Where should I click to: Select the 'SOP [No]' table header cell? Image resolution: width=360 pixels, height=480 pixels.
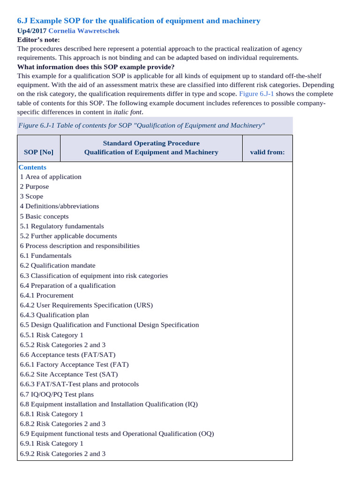coord(38,152)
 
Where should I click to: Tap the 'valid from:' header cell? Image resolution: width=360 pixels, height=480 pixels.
coord(267,152)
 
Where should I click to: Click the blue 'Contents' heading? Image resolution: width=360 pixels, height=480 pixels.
coord(32,167)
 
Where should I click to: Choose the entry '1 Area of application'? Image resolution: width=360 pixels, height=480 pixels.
coord(51,177)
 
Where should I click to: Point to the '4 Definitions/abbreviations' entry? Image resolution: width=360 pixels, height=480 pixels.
coord(60,206)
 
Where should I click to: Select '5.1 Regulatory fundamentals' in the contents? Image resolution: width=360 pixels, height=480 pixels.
coord(62,226)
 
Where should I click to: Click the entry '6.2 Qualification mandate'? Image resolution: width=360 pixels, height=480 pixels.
coord(58,265)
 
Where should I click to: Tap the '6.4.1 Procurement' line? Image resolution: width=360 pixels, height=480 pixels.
coord(47,295)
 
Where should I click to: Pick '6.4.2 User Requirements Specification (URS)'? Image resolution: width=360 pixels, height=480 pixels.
coord(86,305)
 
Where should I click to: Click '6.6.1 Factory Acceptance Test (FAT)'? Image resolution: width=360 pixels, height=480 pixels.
coord(74,364)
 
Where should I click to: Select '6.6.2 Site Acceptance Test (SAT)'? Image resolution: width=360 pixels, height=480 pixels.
coord(69,374)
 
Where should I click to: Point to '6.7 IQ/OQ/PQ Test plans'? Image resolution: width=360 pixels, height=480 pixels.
coord(57,394)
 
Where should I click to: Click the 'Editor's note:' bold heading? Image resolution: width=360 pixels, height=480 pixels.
coord(38,40)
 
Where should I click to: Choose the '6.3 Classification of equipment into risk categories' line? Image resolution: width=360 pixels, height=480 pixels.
coord(94,276)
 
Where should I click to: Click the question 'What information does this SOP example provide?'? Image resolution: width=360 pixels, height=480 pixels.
coord(96,67)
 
